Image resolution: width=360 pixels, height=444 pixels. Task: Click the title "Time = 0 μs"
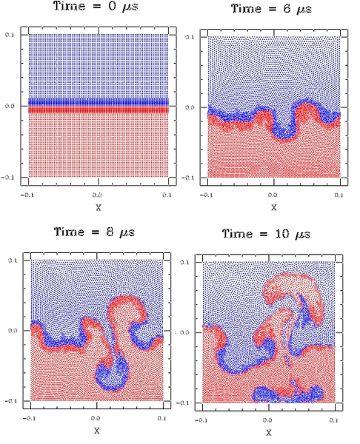click(x=96, y=6)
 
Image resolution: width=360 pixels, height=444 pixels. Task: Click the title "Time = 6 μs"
click(x=272, y=8)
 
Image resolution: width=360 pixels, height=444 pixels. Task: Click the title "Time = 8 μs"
click(x=94, y=232)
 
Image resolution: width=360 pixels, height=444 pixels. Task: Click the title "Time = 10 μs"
click(x=266, y=234)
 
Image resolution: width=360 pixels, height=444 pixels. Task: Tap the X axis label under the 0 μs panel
click(x=99, y=207)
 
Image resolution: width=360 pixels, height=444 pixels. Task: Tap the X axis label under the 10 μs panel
click(x=269, y=432)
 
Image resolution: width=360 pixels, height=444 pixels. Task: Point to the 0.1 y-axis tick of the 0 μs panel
click(x=10, y=35)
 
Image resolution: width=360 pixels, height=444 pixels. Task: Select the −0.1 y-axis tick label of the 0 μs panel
click(x=7, y=178)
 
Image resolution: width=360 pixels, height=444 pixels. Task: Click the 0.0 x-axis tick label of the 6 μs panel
click(x=273, y=195)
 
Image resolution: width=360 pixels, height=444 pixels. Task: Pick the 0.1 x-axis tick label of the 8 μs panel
click(x=161, y=418)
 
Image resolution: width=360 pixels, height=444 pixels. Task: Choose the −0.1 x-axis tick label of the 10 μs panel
click(x=201, y=420)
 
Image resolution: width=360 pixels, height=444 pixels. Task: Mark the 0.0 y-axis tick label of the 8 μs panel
click(x=13, y=331)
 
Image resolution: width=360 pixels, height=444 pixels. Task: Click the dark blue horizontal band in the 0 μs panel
click(x=99, y=102)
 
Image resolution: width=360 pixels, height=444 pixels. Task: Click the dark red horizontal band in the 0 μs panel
click(x=99, y=110)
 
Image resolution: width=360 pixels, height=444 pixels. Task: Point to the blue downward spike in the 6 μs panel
click(x=284, y=129)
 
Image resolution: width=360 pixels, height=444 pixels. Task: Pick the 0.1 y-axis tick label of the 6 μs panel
click(x=190, y=37)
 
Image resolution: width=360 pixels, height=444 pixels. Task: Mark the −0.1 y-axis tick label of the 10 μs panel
click(x=183, y=403)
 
